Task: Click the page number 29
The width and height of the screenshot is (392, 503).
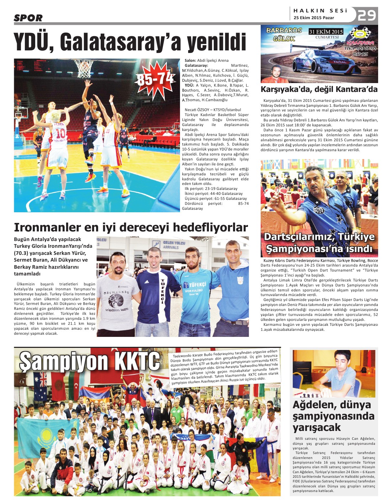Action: pos(367,16)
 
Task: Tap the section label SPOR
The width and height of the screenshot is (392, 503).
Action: pos(28,18)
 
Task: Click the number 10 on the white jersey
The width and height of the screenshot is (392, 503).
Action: pos(61,133)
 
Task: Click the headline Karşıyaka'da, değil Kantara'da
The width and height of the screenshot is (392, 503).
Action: pos(319,89)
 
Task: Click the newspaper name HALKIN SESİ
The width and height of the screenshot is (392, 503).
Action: pos(320,11)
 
